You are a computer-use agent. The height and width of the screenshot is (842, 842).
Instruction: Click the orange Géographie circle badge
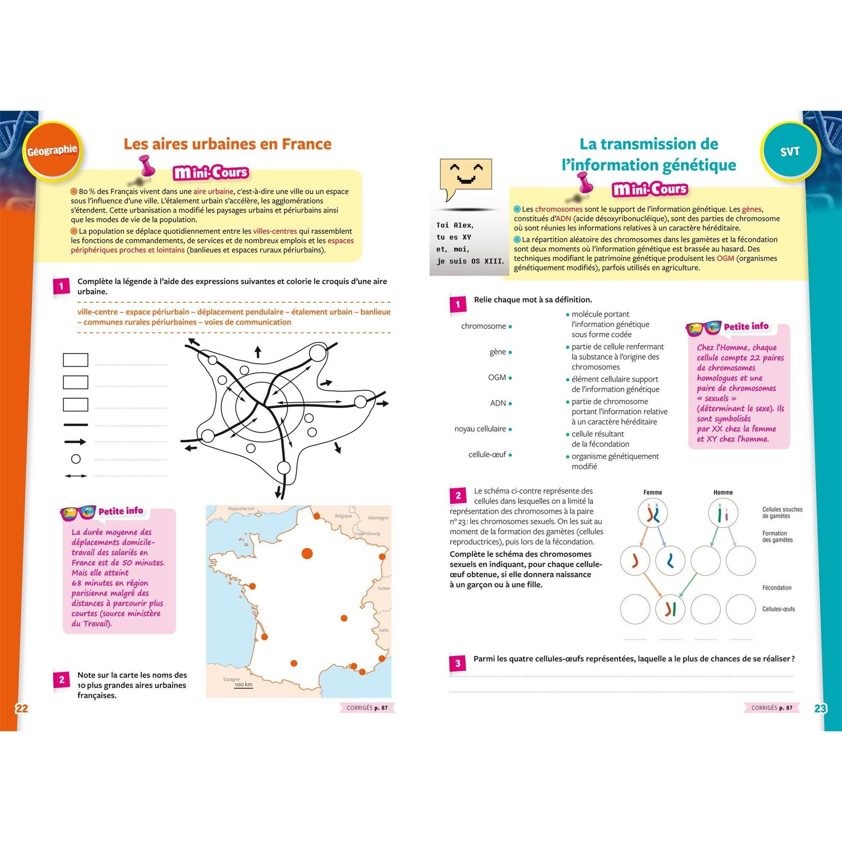click(x=51, y=150)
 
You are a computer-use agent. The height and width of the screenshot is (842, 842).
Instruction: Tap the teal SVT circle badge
click(x=790, y=151)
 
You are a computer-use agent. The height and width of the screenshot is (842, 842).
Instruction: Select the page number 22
click(x=21, y=708)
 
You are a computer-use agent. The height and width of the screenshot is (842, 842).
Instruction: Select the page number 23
click(x=820, y=708)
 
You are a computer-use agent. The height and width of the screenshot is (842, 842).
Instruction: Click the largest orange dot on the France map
click(x=307, y=554)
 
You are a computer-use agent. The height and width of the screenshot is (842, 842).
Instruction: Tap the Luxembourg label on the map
click(x=367, y=533)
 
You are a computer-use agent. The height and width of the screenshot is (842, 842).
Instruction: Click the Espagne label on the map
click(x=232, y=679)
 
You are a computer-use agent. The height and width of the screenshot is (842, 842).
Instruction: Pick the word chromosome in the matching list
click(x=483, y=326)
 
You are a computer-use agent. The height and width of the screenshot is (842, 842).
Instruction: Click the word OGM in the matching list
click(x=497, y=377)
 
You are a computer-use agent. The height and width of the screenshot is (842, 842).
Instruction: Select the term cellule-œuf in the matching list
click(x=487, y=455)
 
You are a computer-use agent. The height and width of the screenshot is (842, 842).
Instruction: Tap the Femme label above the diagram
click(x=653, y=493)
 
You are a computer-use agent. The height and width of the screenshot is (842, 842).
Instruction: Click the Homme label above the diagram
click(x=723, y=493)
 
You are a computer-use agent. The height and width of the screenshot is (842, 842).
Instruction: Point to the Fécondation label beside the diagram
click(x=777, y=588)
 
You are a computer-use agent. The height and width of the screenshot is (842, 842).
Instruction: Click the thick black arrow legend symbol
click(x=75, y=442)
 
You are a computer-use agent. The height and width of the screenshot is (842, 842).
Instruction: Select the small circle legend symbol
click(x=76, y=459)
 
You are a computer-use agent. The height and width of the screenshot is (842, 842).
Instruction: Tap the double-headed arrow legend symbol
click(x=76, y=476)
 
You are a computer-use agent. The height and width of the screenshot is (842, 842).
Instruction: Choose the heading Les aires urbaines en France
click(x=227, y=144)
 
